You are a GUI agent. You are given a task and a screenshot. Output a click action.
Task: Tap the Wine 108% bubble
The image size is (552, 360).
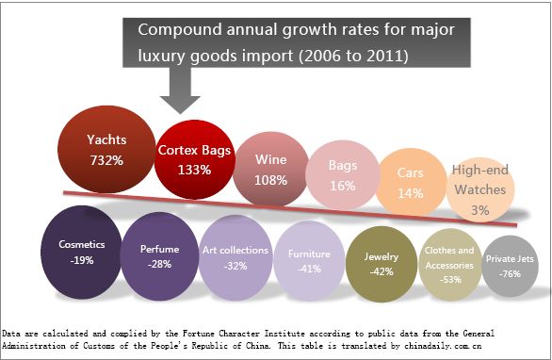click(271, 168)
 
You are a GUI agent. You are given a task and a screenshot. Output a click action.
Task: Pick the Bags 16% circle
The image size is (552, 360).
click(342, 175)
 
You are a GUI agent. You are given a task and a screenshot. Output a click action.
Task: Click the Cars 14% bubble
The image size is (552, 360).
click(410, 183)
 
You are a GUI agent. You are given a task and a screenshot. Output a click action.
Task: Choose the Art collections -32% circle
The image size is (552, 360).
click(235, 257)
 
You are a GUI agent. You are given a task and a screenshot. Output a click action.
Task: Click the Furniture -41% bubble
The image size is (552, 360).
click(308, 260)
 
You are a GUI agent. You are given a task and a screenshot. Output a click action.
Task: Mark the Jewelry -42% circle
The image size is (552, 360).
click(382, 261)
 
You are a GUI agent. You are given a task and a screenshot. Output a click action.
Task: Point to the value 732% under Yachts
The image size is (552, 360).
click(107, 160)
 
